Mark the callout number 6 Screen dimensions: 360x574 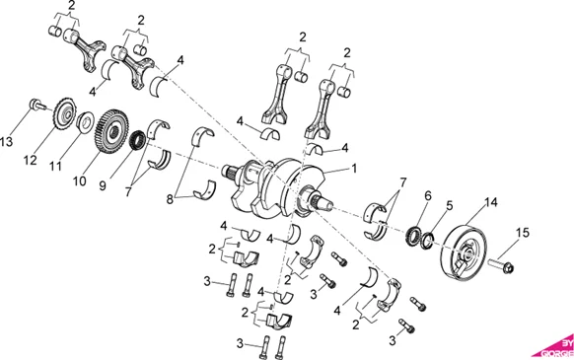[426, 196]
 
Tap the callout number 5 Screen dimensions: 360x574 [449, 205]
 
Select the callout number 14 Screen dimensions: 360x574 [490, 203]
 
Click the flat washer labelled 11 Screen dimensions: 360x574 [86, 123]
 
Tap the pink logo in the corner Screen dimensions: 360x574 [554, 346]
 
